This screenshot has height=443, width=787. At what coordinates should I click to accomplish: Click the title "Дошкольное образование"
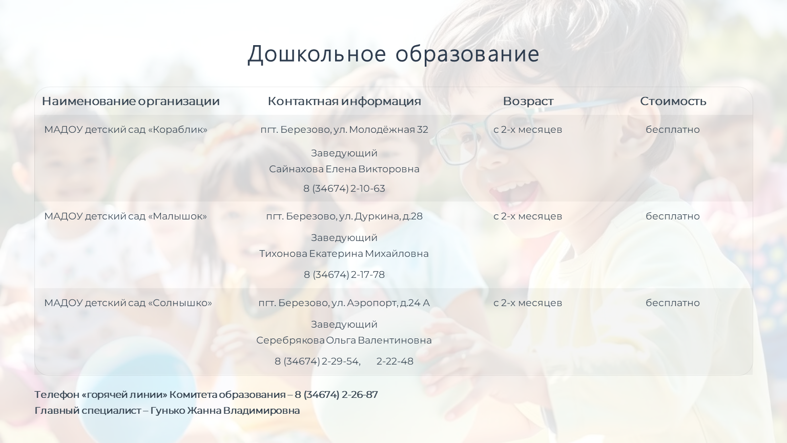point(393,54)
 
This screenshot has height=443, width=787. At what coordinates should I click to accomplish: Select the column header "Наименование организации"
point(131,101)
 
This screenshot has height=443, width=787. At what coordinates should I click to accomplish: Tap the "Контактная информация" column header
point(344,101)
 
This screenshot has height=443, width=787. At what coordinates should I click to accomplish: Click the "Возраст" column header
point(528,101)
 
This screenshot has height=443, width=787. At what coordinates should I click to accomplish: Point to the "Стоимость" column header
point(673,101)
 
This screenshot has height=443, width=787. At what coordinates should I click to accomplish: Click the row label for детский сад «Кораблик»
point(126,130)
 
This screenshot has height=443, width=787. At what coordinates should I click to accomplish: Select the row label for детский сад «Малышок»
point(126,216)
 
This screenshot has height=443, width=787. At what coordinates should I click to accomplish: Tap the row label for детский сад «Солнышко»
point(128,303)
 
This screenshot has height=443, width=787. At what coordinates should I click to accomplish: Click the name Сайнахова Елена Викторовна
point(344,169)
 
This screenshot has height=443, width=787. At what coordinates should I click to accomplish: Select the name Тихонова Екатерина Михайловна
point(344,254)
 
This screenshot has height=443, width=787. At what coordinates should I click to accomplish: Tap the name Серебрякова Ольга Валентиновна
point(344,340)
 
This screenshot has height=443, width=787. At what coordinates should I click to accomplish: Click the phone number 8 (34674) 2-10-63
point(344,189)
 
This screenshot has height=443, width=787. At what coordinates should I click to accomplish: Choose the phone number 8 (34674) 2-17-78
point(344,275)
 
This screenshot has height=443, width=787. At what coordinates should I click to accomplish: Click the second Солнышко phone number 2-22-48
point(395,361)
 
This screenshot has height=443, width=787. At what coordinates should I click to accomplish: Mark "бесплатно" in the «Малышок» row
point(673,216)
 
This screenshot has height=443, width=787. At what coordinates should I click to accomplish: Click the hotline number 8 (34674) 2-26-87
point(336,395)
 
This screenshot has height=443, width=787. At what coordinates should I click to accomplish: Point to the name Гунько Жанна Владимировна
point(225,411)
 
